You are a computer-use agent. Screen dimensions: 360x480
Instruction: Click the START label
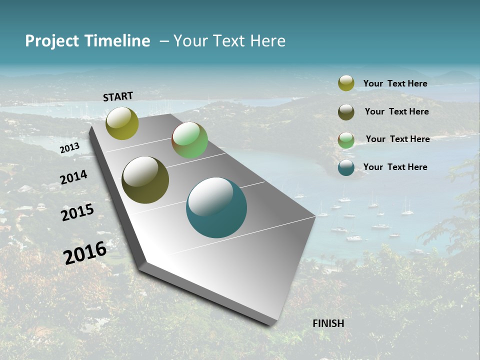coord(118,96)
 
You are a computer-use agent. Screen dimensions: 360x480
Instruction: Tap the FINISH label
coord(328,323)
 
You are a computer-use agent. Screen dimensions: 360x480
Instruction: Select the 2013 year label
coord(69,148)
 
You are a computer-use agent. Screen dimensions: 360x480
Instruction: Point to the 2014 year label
coord(73,177)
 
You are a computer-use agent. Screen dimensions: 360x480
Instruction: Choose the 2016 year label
coord(85,252)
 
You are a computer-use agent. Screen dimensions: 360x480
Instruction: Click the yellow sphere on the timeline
coord(122,123)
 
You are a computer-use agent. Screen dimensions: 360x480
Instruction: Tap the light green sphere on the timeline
coord(189,140)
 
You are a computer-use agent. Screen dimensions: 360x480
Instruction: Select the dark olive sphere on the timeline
coord(145,180)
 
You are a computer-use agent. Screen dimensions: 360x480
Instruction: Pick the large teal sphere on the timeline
coord(216,207)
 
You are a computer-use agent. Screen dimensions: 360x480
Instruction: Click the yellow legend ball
coord(346,83)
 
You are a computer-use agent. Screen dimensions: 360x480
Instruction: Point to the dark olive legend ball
coord(346,112)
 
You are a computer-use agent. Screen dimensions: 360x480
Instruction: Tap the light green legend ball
coord(346,140)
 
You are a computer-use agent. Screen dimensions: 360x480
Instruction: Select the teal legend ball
coord(346,168)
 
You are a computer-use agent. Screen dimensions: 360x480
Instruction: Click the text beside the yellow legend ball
coord(395,83)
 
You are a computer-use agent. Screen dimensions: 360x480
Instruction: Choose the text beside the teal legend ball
coord(395,167)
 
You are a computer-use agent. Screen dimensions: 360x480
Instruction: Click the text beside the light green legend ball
coord(397,139)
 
